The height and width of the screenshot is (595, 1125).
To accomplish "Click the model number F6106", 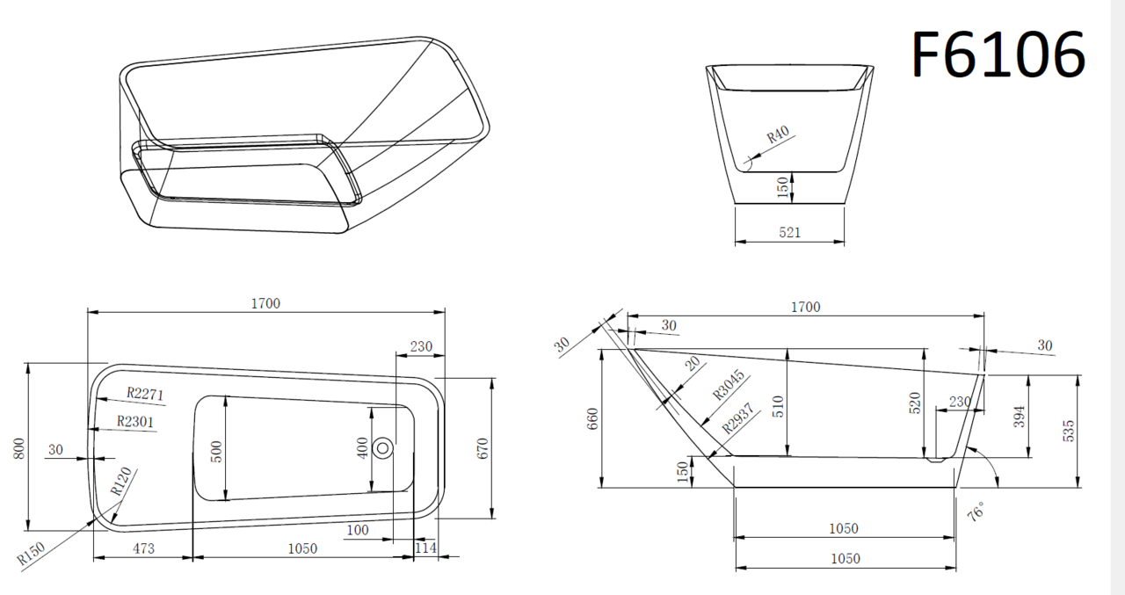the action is (998, 54).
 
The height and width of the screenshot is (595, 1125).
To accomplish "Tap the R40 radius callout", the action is (778, 134).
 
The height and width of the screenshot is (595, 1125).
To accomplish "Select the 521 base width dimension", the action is (789, 233).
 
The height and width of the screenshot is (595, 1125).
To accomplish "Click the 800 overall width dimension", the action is (18, 448).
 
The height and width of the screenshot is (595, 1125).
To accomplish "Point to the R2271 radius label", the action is (145, 394).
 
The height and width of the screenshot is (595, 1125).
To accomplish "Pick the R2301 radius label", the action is (135, 421).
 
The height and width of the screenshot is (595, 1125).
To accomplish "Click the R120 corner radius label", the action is (121, 482).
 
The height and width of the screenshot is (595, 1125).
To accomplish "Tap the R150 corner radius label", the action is (31, 554).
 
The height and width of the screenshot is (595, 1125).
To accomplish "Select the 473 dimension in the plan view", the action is (143, 548).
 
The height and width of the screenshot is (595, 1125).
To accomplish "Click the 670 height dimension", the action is (483, 448).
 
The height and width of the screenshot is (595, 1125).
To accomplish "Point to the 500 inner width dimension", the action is (216, 452).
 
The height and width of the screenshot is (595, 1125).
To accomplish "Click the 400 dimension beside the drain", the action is (362, 448).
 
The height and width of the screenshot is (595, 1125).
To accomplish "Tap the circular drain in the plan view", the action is (382, 448).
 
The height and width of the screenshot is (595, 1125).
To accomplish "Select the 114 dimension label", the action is (426, 548).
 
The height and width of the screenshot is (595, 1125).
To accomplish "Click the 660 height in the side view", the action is (592, 418).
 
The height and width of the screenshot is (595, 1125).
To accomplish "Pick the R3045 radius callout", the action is (729, 385).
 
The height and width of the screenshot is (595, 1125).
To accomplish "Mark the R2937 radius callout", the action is (738, 418).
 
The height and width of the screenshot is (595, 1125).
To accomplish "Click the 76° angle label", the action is (976, 512).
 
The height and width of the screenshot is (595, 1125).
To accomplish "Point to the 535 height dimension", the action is (1070, 431).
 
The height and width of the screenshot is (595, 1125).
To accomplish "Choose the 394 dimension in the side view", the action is (1019, 417).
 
